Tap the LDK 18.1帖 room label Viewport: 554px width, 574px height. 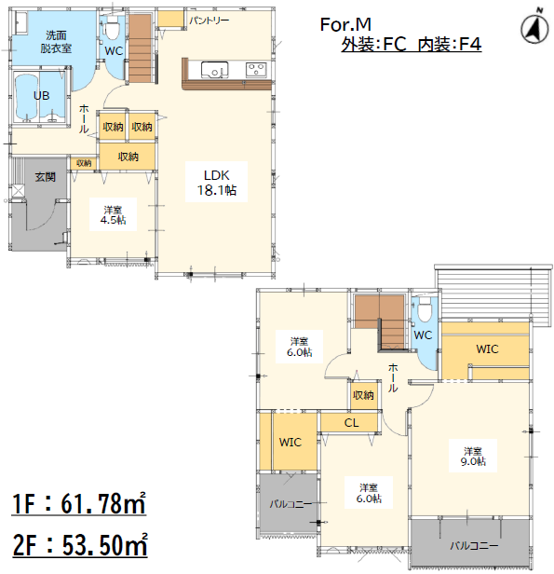click(x=217, y=183)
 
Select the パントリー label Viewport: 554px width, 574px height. click(x=209, y=20)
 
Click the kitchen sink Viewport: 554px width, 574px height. click(x=214, y=69)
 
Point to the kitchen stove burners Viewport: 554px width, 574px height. click(x=256, y=69)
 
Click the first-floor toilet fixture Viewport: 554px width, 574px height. click(x=112, y=29)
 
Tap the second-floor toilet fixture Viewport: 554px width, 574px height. click(x=425, y=308)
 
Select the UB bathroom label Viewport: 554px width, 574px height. click(x=41, y=96)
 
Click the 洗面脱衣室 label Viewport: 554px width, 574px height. click(x=56, y=42)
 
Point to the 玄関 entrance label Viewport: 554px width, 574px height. click(x=46, y=177)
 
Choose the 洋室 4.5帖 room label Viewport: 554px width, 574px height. click(x=113, y=215)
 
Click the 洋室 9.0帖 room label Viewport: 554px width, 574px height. click(x=473, y=457)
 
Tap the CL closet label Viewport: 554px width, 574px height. click(x=351, y=423)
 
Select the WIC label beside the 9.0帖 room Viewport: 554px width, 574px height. click(x=487, y=348)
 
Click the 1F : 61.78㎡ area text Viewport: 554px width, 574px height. click(x=79, y=504)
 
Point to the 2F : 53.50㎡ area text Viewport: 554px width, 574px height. click(x=80, y=545)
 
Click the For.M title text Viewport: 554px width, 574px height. click(x=345, y=24)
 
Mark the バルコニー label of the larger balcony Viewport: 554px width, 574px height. click(x=474, y=546)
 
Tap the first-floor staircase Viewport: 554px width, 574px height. click(x=140, y=48)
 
